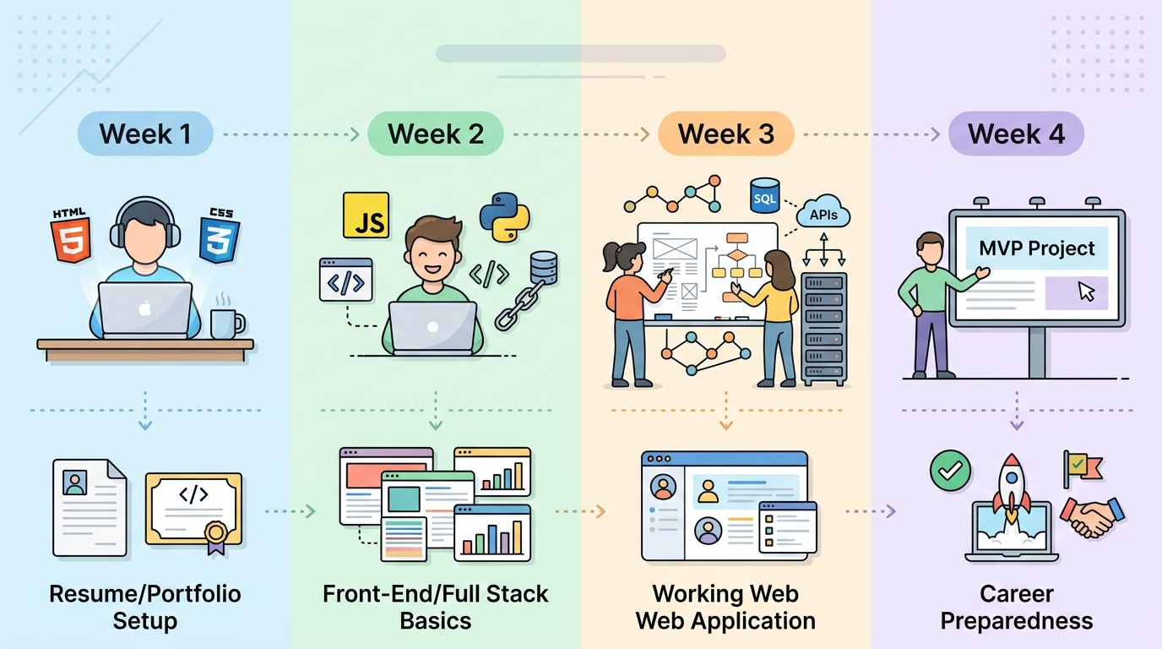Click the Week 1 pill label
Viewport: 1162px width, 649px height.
[145, 134]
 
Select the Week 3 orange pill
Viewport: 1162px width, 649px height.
[725, 134]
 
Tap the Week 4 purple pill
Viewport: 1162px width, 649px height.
[1016, 134]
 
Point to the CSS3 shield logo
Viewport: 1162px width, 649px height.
[220, 237]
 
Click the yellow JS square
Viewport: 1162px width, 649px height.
[366, 215]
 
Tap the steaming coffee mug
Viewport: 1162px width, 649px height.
[226, 321]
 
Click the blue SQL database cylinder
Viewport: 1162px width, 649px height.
[764, 197]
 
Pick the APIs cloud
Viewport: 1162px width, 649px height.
[823, 213]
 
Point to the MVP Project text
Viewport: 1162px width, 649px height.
[1037, 248]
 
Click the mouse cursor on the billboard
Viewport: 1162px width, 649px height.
[1086, 292]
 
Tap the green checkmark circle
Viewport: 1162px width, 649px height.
[950, 469]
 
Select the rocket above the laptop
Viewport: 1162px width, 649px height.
[1011, 486]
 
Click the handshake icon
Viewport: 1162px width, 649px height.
[1092, 516]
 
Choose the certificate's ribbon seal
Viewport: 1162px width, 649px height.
[216, 535]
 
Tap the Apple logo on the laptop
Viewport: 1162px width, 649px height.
[144, 308]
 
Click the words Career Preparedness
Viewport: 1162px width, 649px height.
[1016, 607]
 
